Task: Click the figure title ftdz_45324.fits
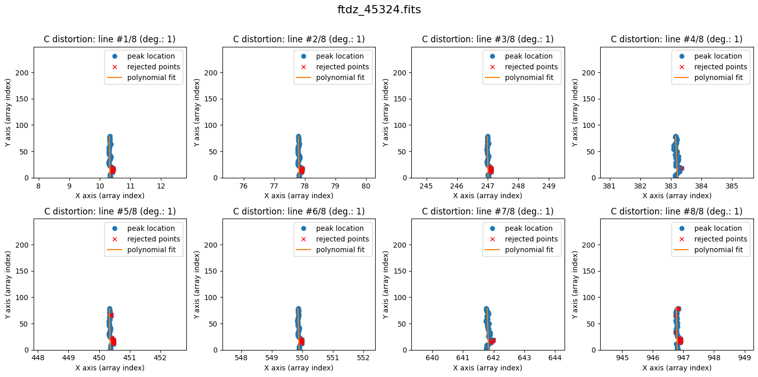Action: (x=379, y=10)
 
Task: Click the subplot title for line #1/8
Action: (x=110, y=39)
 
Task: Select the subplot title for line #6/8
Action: (x=299, y=211)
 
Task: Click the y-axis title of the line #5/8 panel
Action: (x=9, y=284)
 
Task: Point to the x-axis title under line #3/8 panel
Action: (x=488, y=196)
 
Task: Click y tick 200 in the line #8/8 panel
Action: (x=591, y=245)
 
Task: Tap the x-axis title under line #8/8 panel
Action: (x=677, y=368)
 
